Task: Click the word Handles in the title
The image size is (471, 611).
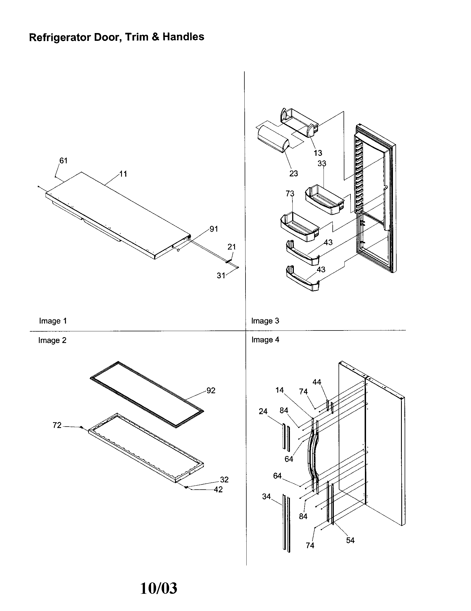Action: tap(183, 37)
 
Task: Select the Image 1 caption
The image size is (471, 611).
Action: tap(52, 321)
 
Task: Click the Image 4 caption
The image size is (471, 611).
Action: tap(265, 340)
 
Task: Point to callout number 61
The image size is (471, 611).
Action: tap(63, 161)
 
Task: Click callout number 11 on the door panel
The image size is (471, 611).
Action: tap(123, 174)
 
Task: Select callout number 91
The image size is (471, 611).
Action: tap(214, 229)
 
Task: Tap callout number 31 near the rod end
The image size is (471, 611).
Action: tap(221, 276)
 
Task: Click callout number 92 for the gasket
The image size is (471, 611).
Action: tap(211, 390)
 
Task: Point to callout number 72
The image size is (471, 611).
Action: tap(57, 425)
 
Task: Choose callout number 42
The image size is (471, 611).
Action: tap(218, 490)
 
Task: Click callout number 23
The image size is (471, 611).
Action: tap(293, 174)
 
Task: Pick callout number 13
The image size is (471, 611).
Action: tap(318, 153)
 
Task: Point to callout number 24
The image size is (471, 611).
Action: tap(263, 411)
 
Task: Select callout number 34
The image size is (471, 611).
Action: tap(266, 496)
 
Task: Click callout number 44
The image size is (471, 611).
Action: tap(317, 382)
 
